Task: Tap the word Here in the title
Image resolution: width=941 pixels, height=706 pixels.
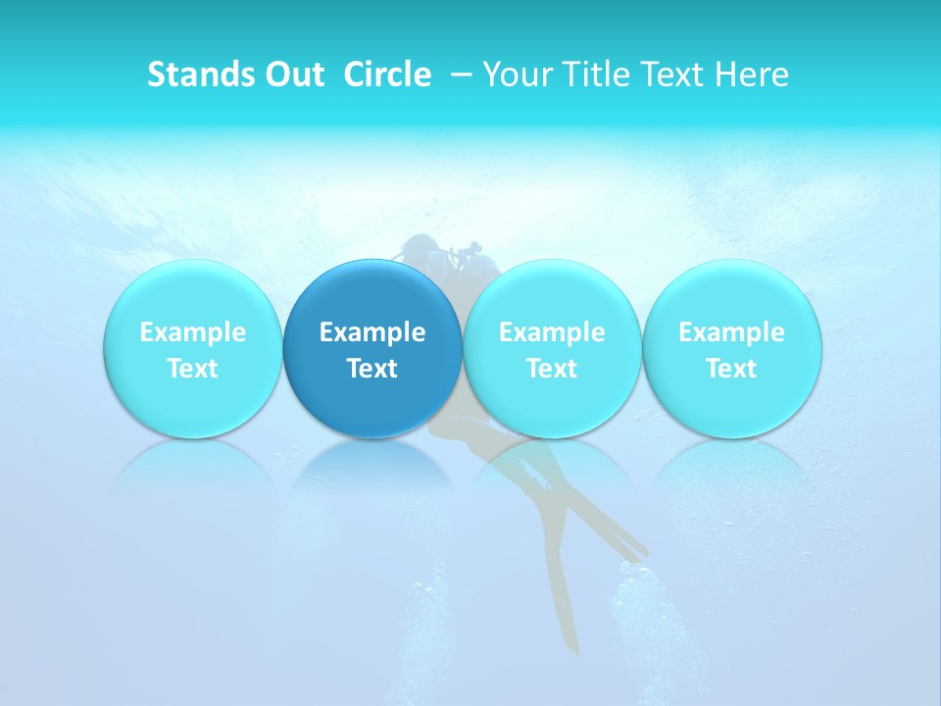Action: click(x=751, y=75)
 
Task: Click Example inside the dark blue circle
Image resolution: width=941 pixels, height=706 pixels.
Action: click(x=372, y=332)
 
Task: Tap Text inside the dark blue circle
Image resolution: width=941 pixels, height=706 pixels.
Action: click(x=372, y=369)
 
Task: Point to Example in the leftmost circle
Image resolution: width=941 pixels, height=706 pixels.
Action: click(x=192, y=332)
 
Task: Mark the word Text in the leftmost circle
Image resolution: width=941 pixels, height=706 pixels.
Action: click(x=192, y=369)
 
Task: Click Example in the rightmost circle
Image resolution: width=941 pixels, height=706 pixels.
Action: click(x=731, y=332)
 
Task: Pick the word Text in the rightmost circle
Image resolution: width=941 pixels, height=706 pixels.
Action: click(x=731, y=369)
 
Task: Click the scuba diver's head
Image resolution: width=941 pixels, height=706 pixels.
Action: click(x=423, y=247)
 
